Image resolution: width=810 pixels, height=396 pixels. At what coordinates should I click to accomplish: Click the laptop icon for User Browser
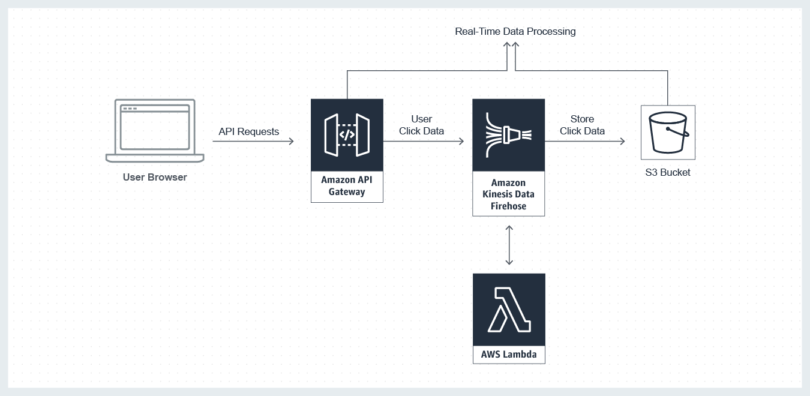[x=155, y=130]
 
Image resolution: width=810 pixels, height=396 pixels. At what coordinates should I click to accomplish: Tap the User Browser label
[x=155, y=177]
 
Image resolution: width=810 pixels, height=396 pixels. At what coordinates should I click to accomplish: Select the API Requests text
[x=248, y=131]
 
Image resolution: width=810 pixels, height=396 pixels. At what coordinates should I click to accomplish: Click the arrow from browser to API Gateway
[x=253, y=142]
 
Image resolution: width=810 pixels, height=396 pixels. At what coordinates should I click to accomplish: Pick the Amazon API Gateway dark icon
[x=347, y=135]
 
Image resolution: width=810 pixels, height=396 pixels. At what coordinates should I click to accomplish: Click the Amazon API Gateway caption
[x=347, y=186]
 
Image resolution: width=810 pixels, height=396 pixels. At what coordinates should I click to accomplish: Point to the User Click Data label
[x=421, y=125]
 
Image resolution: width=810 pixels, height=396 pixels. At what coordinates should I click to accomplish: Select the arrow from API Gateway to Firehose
[x=424, y=142]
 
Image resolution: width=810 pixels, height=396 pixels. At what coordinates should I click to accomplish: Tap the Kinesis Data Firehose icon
[x=508, y=135]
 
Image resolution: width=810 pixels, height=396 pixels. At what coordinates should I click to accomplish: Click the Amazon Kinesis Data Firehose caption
[x=508, y=194]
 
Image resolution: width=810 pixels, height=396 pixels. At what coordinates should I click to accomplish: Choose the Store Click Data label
[x=582, y=125]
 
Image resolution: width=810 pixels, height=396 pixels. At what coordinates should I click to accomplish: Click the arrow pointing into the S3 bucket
[x=585, y=142]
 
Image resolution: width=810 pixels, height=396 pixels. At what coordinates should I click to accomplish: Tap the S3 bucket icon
[x=668, y=133]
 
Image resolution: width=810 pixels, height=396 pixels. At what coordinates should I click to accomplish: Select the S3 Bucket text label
[x=667, y=172]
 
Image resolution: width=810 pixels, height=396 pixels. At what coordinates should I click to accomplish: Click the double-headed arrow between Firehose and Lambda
[x=509, y=245]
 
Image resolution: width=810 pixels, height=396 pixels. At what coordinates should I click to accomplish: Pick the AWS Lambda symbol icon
[x=509, y=310]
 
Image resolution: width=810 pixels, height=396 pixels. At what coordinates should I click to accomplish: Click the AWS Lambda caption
[x=509, y=355]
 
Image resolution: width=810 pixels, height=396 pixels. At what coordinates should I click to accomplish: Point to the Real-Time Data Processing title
[x=515, y=31]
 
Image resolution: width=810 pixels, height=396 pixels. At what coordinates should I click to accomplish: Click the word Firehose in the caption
[x=508, y=206]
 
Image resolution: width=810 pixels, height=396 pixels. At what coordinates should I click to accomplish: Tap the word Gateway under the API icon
[x=347, y=192]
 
